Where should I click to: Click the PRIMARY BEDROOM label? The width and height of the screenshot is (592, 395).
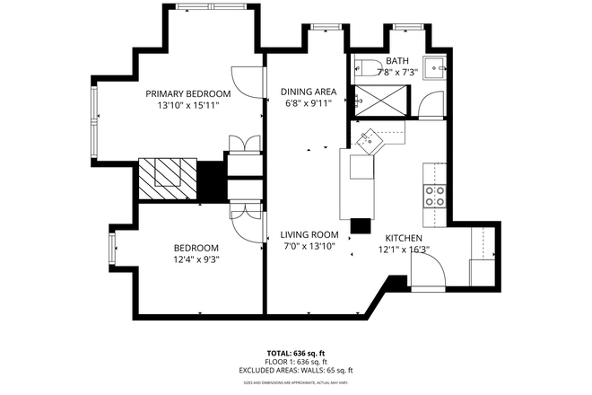[x=188, y=93]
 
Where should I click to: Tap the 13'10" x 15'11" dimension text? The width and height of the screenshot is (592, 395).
[x=188, y=105]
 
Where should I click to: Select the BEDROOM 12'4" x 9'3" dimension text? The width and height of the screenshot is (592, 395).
[x=196, y=259]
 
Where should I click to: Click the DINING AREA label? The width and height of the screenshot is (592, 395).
[x=308, y=91]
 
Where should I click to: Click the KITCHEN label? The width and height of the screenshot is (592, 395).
[x=403, y=238]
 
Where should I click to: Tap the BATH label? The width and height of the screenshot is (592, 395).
[x=396, y=61]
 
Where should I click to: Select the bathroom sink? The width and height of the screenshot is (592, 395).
[x=434, y=66]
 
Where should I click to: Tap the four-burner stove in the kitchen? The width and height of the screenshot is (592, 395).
[x=435, y=196]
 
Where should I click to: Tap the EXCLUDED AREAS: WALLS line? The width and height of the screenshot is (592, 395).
[x=295, y=370]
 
